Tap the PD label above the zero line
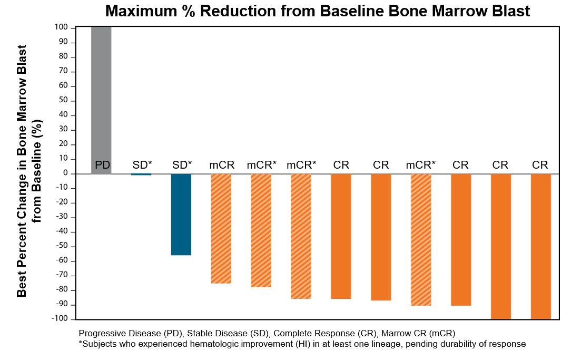(x=102, y=166)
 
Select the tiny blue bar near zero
(x=141, y=174)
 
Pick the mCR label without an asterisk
(x=221, y=166)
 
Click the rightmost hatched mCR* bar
(x=421, y=239)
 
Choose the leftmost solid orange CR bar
(x=341, y=236)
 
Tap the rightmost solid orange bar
(x=540, y=246)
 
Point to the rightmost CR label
(x=540, y=166)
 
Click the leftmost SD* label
(x=142, y=166)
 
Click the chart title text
(x=318, y=11)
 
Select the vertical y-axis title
(x=29, y=171)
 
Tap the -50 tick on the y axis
(x=64, y=246)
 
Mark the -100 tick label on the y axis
(x=63, y=319)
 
